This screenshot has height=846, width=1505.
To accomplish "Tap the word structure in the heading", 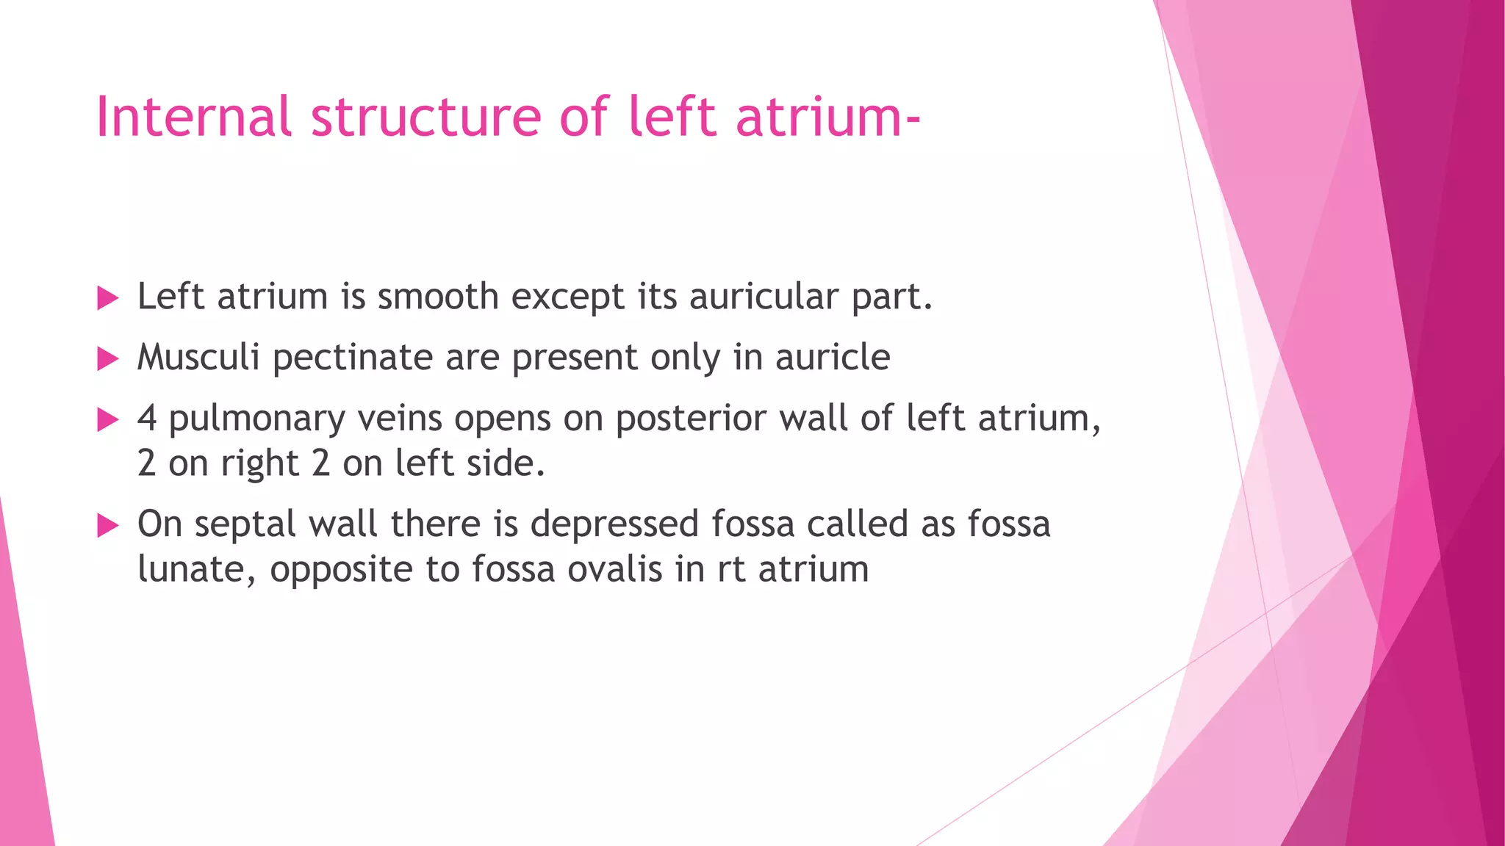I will click(x=426, y=117).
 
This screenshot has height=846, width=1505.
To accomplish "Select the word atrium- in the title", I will click(x=827, y=117).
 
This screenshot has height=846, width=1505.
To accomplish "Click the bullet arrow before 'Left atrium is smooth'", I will click(x=108, y=298).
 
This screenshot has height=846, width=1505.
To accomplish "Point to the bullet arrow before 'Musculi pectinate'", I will click(x=108, y=359).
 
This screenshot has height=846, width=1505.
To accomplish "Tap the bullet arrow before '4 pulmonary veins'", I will click(x=108, y=420).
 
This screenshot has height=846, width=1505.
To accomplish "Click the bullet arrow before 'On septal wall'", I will click(x=108, y=526).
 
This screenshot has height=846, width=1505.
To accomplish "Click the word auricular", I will click(x=764, y=297).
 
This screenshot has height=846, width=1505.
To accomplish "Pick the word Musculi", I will click(x=198, y=358).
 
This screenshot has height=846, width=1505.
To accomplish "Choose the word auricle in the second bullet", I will click(x=833, y=358).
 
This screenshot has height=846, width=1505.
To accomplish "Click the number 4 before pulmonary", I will click(x=147, y=419).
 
